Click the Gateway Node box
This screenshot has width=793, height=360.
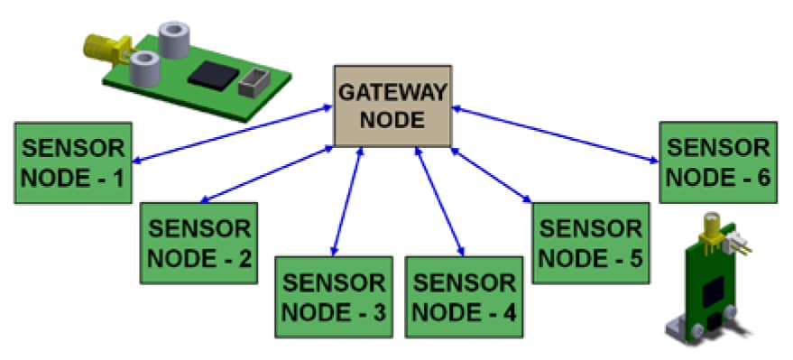[x=392, y=105]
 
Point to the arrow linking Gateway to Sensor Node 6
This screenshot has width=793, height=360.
[x=555, y=135]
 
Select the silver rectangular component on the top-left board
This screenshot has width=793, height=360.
[x=254, y=81]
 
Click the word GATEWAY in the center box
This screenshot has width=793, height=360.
[x=392, y=92]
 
